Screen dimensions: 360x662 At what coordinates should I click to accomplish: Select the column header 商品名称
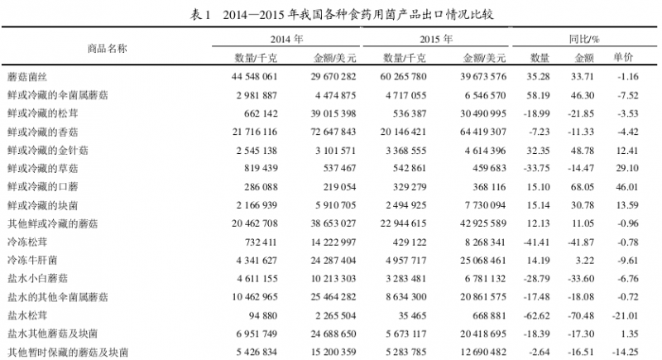tap(108, 48)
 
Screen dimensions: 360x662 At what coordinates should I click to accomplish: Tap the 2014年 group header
tap(287, 40)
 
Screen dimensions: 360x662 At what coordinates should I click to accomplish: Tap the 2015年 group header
tap(435, 40)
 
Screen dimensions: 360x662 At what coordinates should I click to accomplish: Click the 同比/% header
tap(584, 40)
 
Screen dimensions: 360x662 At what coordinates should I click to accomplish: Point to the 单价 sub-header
tap(623, 58)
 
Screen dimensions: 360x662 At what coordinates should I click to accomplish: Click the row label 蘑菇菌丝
tap(29, 76)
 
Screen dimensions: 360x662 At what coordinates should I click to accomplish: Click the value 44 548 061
tap(258, 76)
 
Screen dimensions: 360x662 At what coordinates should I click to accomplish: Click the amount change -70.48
tap(583, 315)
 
